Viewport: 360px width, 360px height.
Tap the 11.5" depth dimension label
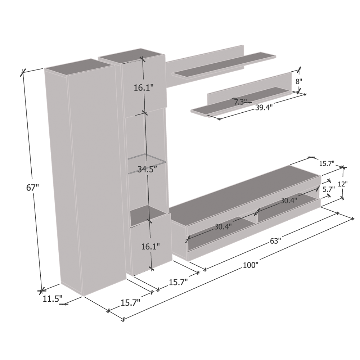[53, 299]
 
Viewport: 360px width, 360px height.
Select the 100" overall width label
[251, 265]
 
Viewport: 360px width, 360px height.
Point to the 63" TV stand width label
[275, 241]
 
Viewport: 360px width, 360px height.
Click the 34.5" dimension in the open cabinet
[147, 169]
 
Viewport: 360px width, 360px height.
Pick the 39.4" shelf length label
[264, 107]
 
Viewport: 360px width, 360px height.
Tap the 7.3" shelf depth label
[240, 102]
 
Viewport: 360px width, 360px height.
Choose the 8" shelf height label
[299, 81]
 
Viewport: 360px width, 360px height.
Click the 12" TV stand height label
[343, 184]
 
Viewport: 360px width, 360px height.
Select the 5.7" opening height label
[329, 189]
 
